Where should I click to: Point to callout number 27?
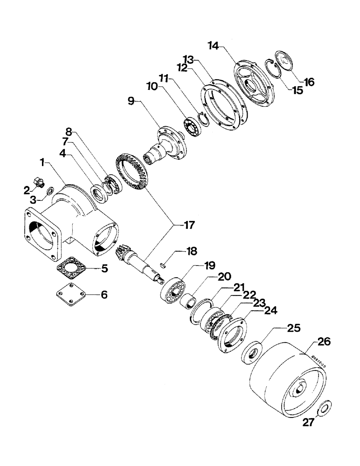click(x=307, y=422)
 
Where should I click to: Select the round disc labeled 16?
click(x=284, y=59)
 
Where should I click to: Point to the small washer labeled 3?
click(x=50, y=189)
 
